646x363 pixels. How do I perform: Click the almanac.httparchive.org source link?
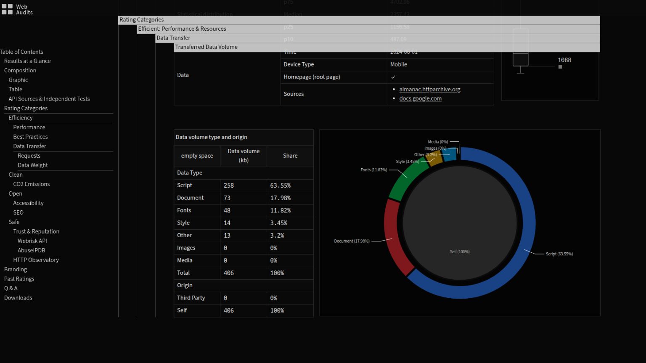click(x=429, y=89)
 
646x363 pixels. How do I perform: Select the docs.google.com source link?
click(x=420, y=98)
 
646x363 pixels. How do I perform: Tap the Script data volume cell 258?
click(x=229, y=185)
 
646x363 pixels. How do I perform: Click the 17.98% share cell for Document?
click(x=280, y=198)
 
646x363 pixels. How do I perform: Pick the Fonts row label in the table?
click(x=184, y=210)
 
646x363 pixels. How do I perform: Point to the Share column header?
click(x=290, y=156)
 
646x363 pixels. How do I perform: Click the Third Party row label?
click(x=191, y=298)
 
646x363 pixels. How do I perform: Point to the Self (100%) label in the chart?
click(x=460, y=252)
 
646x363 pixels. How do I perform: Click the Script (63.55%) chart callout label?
click(x=559, y=254)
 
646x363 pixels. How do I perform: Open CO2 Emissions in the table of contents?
click(x=32, y=184)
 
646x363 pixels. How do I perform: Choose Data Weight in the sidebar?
click(x=33, y=165)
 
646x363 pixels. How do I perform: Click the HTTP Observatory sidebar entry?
click(x=36, y=260)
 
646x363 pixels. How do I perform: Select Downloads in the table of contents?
click(x=18, y=298)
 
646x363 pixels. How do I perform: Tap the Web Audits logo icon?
click(x=7, y=9)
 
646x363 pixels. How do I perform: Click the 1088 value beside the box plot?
click(x=564, y=60)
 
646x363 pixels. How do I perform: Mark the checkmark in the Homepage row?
click(x=393, y=77)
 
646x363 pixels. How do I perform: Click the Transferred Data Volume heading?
click(x=207, y=47)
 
